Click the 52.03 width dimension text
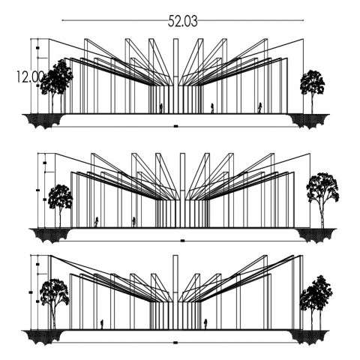(x=183, y=21)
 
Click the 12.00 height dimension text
(x=30, y=77)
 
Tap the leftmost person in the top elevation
(x=161, y=108)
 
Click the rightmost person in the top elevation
(x=259, y=108)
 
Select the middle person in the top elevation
(x=212, y=108)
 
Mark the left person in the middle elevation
(x=96, y=222)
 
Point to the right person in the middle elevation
(x=134, y=222)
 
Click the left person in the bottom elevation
(x=102, y=325)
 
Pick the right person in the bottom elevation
(x=205, y=325)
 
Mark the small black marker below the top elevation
(x=176, y=127)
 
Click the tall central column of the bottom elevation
(x=175, y=292)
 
